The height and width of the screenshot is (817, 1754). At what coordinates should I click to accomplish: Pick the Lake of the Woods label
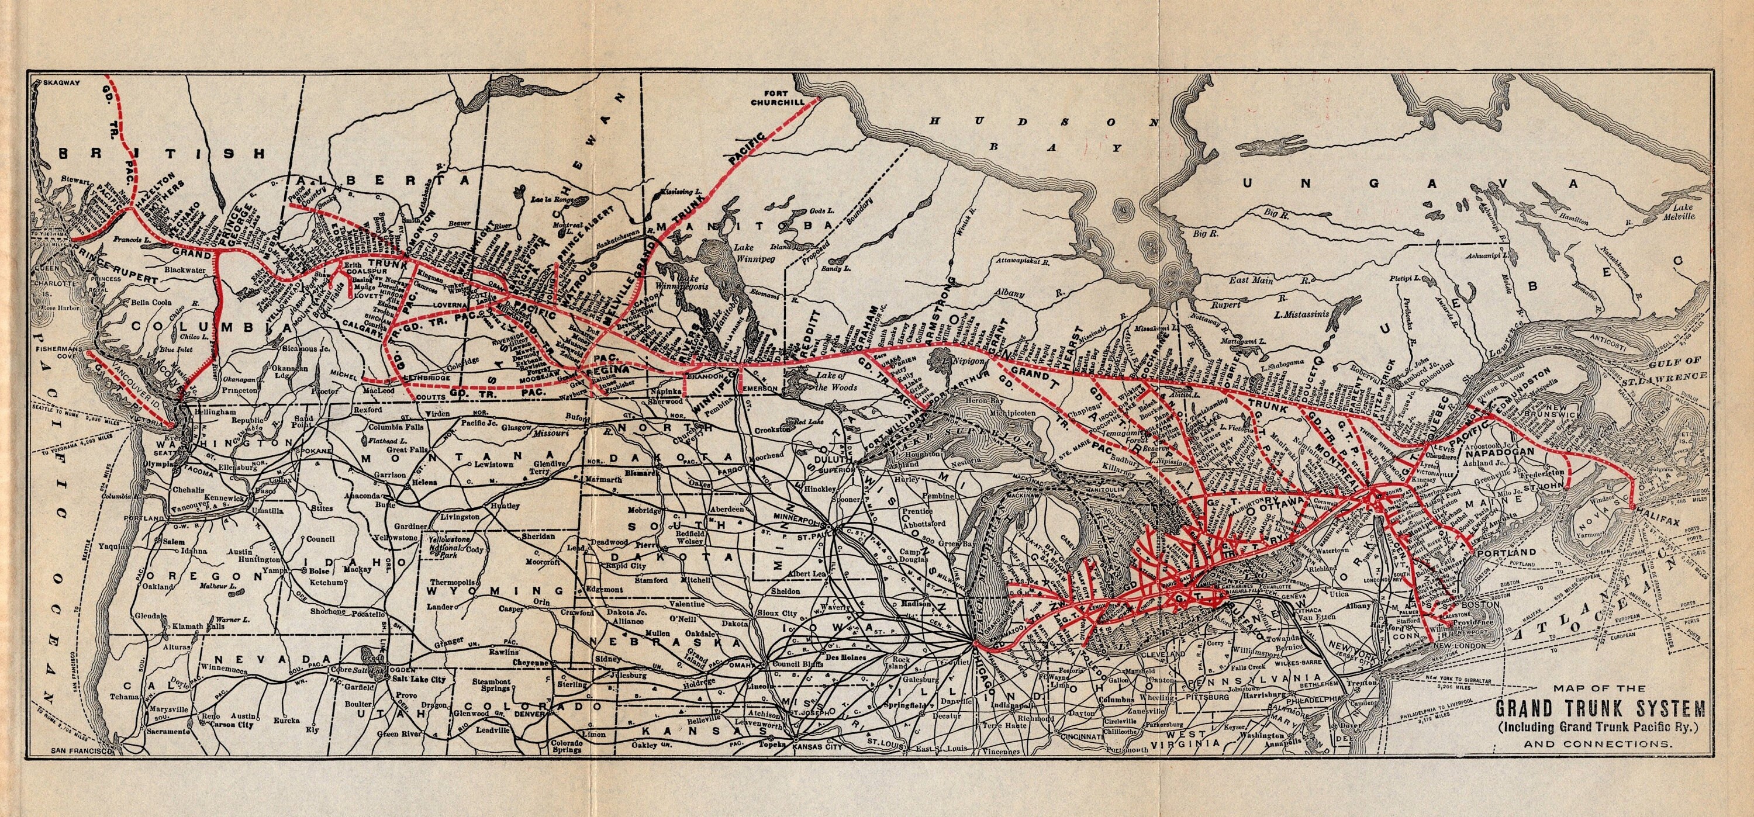(820, 382)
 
